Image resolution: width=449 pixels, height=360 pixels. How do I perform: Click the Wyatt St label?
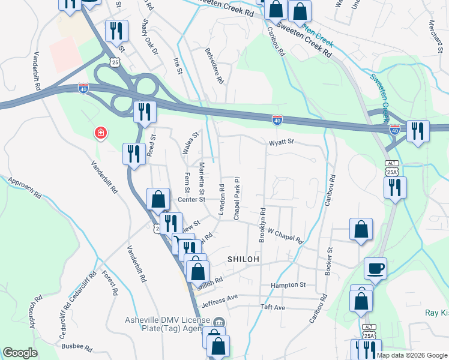[x=281, y=142]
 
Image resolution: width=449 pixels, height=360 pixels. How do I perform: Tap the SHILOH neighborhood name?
[x=243, y=259]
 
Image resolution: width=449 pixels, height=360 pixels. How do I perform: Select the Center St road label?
[x=191, y=199]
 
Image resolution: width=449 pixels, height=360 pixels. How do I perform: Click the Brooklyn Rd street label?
[x=262, y=225]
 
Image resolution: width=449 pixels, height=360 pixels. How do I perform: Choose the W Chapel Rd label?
[x=285, y=232]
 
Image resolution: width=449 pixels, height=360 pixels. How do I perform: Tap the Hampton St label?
[x=288, y=285]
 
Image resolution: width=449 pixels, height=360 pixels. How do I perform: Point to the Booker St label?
[x=329, y=262]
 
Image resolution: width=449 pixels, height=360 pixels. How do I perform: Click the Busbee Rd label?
[x=76, y=346]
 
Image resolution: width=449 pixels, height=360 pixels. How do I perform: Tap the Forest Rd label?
[x=110, y=282]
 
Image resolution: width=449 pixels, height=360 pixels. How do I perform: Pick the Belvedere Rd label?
[x=214, y=66]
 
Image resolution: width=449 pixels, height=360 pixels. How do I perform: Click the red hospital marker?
[x=100, y=133]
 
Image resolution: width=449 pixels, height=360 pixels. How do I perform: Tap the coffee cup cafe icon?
[x=376, y=268]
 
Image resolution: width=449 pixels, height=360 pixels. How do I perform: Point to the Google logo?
[x=20, y=353]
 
